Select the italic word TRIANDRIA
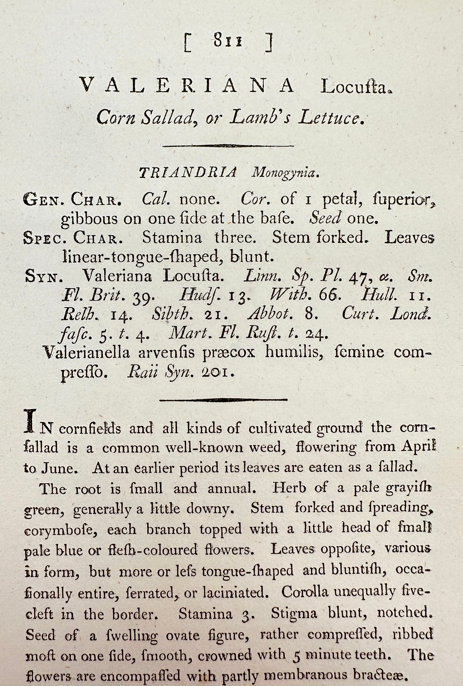click(187, 173)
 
